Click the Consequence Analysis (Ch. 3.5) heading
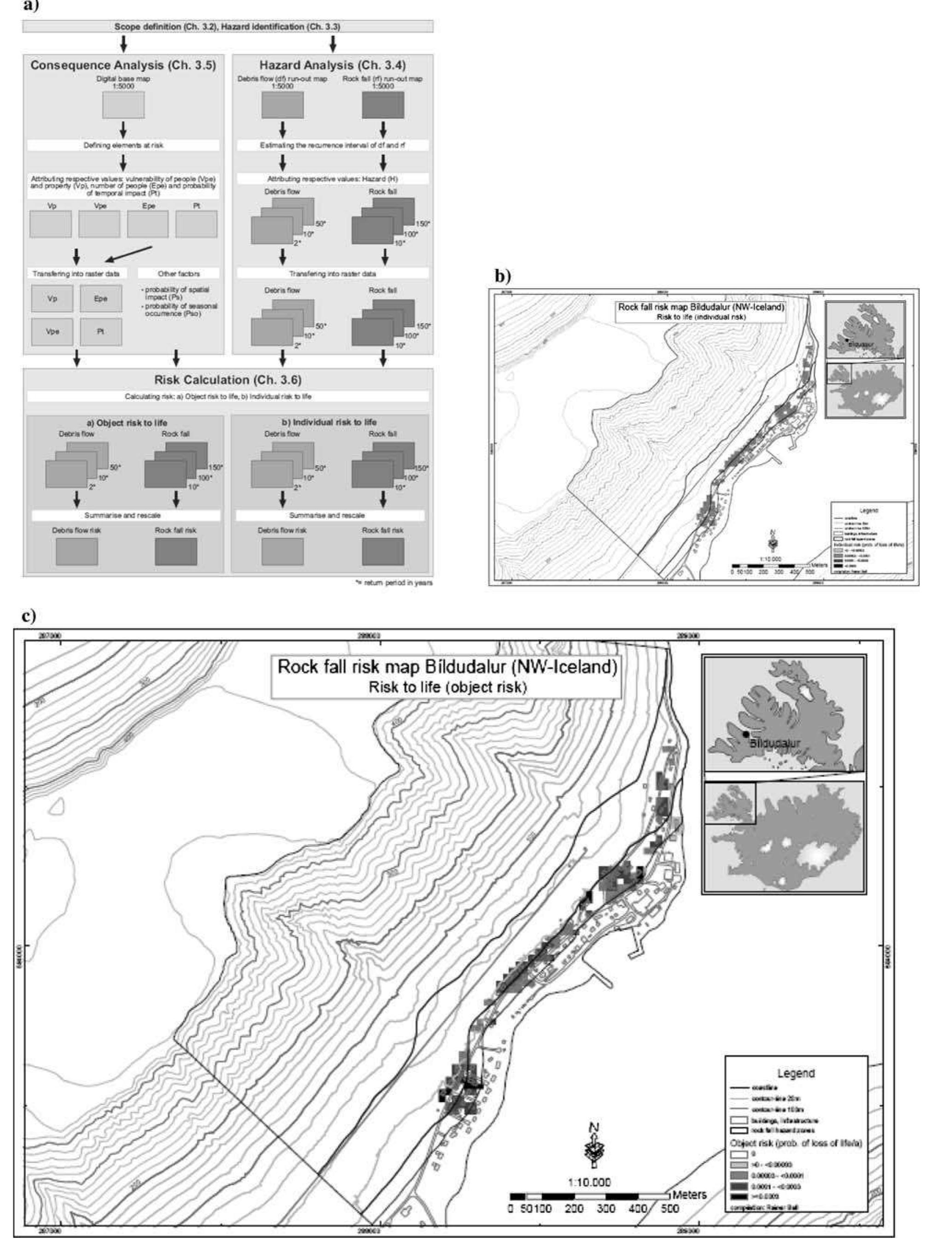click(x=123, y=65)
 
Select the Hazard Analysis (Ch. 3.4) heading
click(x=332, y=65)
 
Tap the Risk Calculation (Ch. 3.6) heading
click(x=228, y=380)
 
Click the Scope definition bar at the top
click(x=227, y=26)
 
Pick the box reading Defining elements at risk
click(x=123, y=145)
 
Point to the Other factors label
click(x=178, y=274)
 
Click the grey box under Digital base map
click(x=123, y=105)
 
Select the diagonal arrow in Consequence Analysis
click(x=129, y=253)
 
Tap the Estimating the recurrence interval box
click(x=332, y=145)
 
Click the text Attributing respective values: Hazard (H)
click(x=332, y=178)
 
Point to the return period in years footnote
click(x=393, y=583)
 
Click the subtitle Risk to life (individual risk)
click(x=701, y=317)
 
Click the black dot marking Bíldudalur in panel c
click(x=745, y=734)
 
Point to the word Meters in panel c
click(x=689, y=1195)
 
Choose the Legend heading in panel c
click(x=796, y=1073)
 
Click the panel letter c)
click(x=28, y=615)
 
